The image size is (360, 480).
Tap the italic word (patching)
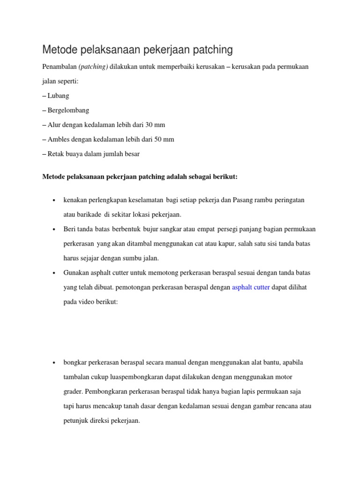pyautogui.click(x=93, y=67)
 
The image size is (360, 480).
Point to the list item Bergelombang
pyautogui.click(x=68, y=111)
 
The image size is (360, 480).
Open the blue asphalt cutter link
pyautogui.click(x=251, y=288)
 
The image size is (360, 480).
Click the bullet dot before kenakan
pyautogui.click(x=55, y=200)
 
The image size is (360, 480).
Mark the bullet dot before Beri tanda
pyautogui.click(x=55, y=229)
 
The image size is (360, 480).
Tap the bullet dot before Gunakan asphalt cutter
pyautogui.click(x=55, y=273)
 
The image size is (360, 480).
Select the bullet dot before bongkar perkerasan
pyautogui.click(x=55, y=363)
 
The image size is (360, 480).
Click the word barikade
pyautogui.click(x=89, y=215)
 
